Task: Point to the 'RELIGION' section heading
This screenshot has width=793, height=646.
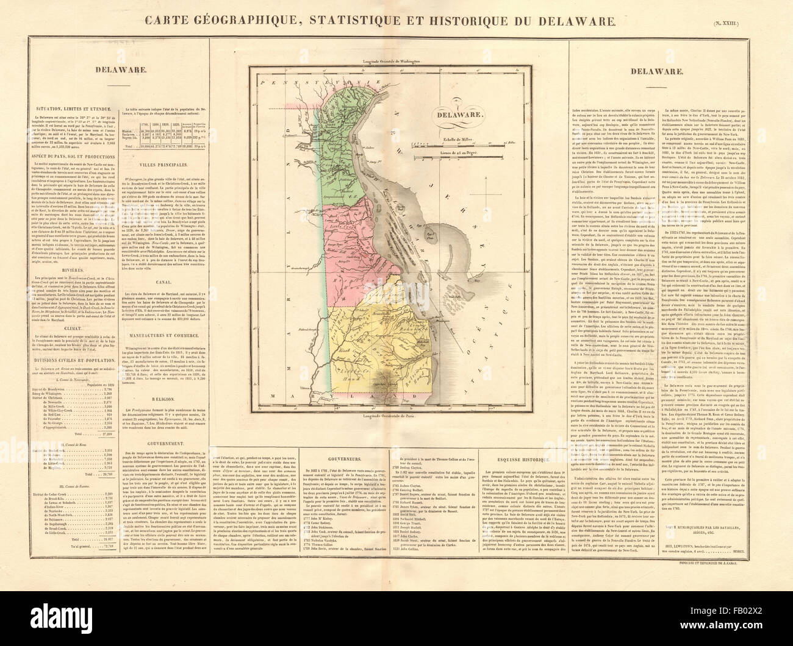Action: click(x=165, y=397)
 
